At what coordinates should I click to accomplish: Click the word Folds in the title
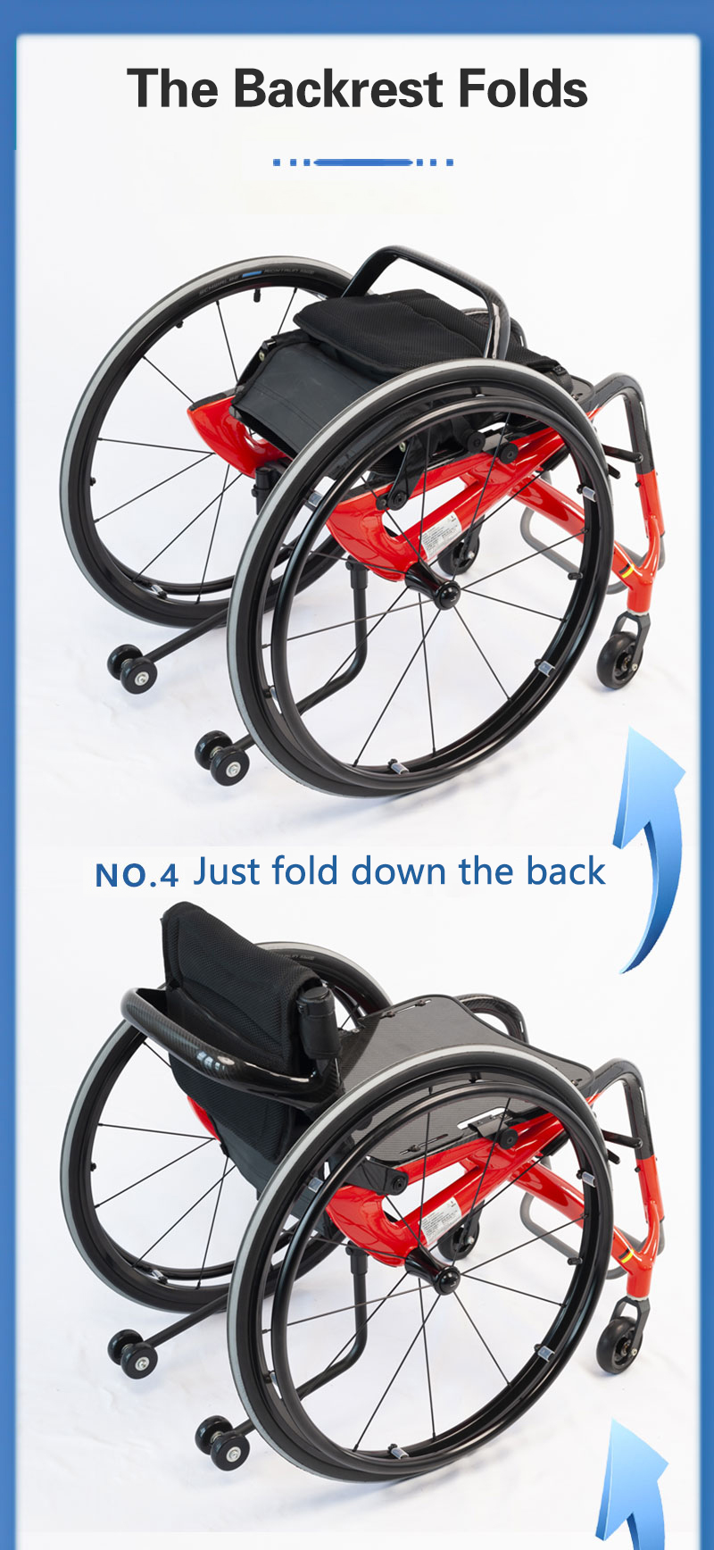(x=523, y=89)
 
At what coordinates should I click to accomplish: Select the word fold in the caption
(x=303, y=871)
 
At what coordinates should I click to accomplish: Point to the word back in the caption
(x=565, y=871)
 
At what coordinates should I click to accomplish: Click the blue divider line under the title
(x=362, y=162)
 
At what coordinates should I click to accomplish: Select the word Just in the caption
(x=228, y=871)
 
